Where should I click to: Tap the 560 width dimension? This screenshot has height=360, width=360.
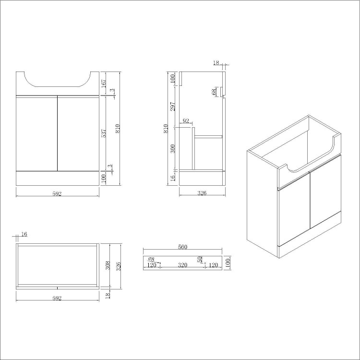182,247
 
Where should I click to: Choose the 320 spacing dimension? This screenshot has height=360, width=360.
182,264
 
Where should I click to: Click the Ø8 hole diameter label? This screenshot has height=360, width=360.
151,259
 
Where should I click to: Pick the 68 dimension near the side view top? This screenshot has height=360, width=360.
214,92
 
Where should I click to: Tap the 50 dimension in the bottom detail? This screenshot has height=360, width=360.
200,260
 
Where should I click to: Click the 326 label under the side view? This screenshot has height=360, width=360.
202,193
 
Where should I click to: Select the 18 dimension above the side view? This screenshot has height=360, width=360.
216,62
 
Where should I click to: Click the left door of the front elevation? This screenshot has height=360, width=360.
36,133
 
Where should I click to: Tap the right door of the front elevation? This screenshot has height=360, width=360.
78,133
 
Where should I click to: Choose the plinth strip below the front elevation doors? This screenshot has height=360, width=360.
57,179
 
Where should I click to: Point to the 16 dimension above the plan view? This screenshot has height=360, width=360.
24,234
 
